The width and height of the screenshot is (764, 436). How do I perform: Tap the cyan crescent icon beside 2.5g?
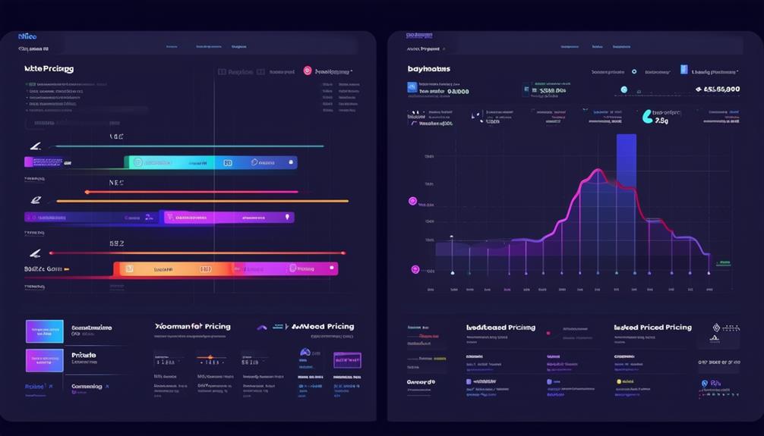647,116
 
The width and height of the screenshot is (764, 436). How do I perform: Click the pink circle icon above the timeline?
308,71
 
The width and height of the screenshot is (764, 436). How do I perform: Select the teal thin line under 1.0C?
190,146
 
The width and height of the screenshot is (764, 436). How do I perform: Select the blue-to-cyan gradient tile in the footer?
45,331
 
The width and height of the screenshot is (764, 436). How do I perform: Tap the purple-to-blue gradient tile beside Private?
45,360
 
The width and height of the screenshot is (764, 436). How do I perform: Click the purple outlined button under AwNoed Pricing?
347,359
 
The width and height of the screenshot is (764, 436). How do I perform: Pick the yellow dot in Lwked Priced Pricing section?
620,381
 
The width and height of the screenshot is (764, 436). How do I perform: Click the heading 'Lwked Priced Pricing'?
652,328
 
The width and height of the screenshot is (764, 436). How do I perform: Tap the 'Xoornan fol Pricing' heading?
193,327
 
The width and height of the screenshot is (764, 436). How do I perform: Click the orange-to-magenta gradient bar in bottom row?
226,268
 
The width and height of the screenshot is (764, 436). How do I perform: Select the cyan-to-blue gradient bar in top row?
211,162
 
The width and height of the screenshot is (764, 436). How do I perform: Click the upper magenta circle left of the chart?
412,202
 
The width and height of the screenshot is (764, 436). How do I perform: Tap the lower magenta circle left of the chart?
415,269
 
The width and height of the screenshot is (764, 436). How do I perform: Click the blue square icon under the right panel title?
412,88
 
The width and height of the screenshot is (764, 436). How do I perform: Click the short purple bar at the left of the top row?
44,162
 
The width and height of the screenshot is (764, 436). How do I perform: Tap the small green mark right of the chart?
723,263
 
